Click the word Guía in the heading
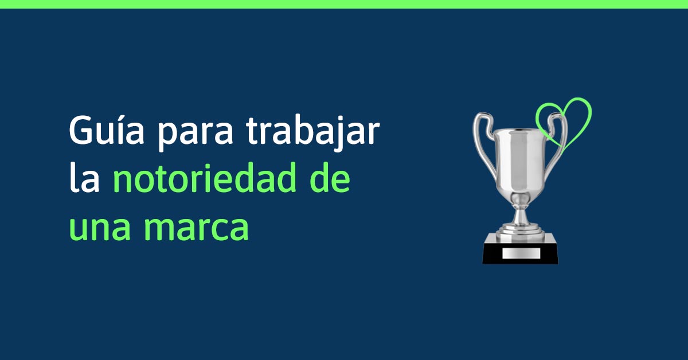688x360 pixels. point(107,130)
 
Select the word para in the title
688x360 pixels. point(196,136)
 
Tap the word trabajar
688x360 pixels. point(313,132)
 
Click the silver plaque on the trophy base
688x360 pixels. point(521,253)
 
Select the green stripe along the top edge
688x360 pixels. point(344,4)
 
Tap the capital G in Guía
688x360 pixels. point(80,131)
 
